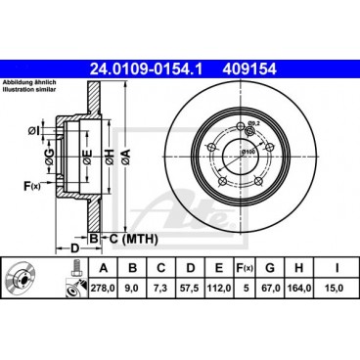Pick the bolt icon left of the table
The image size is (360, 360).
(x=72, y=290)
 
